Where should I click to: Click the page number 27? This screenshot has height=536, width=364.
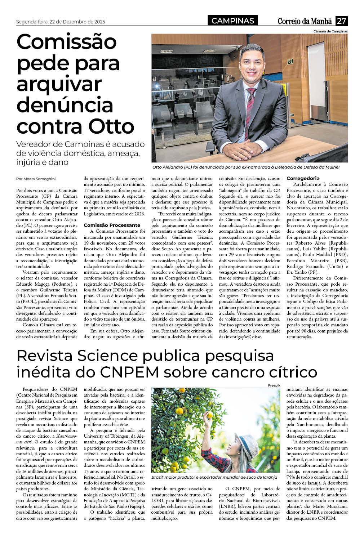pyautogui.click(x=341, y=21)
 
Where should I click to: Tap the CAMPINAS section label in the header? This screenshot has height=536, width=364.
pyautogui.click(x=233, y=21)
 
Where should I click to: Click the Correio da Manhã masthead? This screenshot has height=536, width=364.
pyautogui.click(x=305, y=21)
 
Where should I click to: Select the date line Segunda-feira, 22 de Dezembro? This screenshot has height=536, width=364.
pyautogui.click(x=61, y=22)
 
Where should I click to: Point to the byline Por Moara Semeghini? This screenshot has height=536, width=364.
pyautogui.click(x=36, y=179)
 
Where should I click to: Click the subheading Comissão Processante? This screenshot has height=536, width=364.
pyautogui.click(x=112, y=225)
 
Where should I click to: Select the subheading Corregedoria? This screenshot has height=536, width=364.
pyautogui.click(x=303, y=178)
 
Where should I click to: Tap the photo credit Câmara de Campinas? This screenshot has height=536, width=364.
pyautogui.click(x=330, y=31)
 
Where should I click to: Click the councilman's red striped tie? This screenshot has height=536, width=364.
pyautogui.click(x=250, y=108)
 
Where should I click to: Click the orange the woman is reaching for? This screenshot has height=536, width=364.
pyautogui.click(x=208, y=411)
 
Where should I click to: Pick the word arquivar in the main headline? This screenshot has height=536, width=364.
pyautogui.click(x=59, y=84)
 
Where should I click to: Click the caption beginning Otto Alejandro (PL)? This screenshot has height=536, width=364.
pyautogui.click(x=246, y=167)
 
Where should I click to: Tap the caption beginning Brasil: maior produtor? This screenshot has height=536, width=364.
pyautogui.click(x=214, y=477)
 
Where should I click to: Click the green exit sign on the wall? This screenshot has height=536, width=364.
pyautogui.click(x=289, y=62)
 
